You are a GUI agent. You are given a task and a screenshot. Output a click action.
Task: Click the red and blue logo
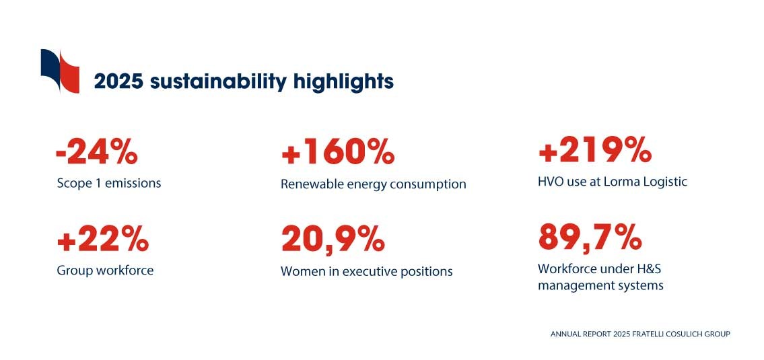click(x=60, y=71)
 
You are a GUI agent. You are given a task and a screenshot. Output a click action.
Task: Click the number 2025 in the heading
click(x=118, y=81)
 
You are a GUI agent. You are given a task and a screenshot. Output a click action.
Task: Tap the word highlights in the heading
click(x=343, y=82)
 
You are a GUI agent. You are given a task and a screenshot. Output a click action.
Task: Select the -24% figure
click(x=96, y=152)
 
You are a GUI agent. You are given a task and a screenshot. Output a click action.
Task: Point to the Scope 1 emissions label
click(x=108, y=184)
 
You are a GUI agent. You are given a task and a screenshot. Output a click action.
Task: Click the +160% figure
click(x=338, y=152)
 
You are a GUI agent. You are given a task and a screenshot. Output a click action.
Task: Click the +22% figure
click(x=103, y=239)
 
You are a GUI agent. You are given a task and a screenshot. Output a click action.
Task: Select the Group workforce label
click(x=105, y=270)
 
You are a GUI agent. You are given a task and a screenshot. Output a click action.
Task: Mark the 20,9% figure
click(x=333, y=239)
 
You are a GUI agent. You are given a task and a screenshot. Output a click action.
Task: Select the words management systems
click(x=601, y=285)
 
